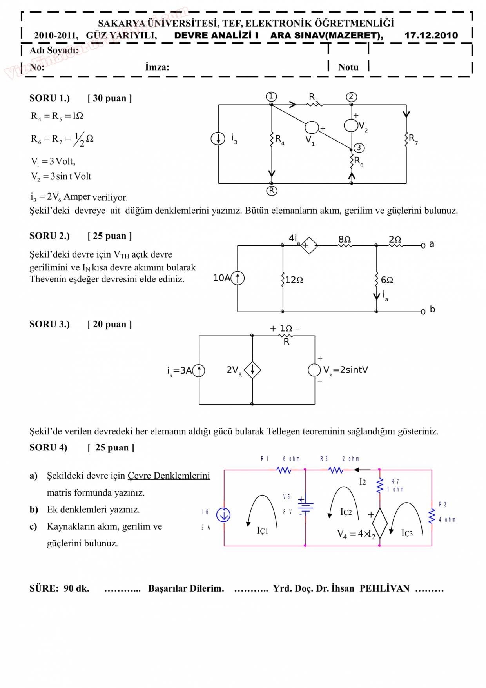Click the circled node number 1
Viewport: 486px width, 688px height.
click(x=271, y=96)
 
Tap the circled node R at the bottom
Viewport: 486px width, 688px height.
click(x=271, y=191)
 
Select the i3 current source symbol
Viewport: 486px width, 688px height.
click(x=218, y=138)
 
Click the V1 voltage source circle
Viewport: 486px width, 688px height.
click(x=312, y=127)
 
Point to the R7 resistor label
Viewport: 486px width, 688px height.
click(x=413, y=139)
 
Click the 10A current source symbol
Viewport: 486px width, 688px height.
click(x=238, y=278)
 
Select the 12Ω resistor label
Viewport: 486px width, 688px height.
click(x=294, y=280)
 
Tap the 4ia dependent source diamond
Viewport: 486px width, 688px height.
click(x=309, y=246)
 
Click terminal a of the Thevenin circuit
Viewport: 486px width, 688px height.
click(x=423, y=246)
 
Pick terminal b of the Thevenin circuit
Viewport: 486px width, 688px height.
click(x=423, y=312)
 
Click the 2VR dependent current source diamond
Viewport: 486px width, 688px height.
click(x=252, y=370)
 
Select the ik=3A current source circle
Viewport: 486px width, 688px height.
click(x=199, y=370)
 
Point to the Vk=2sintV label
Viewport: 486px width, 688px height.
click(x=345, y=370)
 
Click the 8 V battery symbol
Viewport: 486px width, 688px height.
click(x=305, y=506)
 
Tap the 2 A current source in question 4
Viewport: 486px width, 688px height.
click(x=223, y=515)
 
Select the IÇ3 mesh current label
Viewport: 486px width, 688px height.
click(x=407, y=533)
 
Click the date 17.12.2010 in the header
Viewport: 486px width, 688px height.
click(x=431, y=36)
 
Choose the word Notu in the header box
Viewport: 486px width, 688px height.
click(x=348, y=67)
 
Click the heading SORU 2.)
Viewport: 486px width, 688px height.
click(x=49, y=236)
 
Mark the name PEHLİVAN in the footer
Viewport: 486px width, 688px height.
click(x=384, y=588)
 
